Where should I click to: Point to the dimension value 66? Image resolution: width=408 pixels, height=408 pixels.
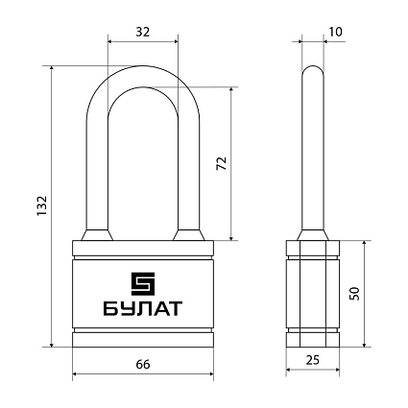tap(142, 365)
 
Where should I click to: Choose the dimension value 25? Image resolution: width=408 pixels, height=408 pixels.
tap(313, 360)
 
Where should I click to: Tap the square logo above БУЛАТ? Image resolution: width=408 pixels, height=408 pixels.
tap(142, 283)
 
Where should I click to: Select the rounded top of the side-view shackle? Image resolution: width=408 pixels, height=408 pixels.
tap(313, 72)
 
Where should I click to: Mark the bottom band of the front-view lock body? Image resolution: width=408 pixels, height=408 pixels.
tap(142, 338)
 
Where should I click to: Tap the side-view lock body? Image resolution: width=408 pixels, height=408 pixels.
tap(313, 293)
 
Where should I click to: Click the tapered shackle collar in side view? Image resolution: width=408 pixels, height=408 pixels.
tap(313, 235)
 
